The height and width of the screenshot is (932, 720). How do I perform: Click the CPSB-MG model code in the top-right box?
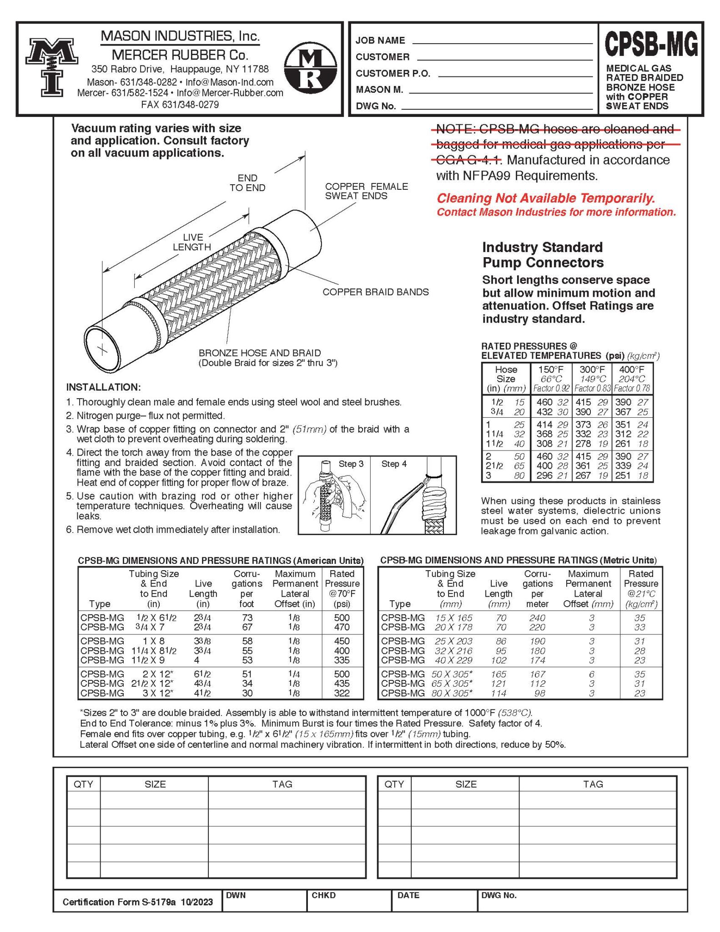click(650, 45)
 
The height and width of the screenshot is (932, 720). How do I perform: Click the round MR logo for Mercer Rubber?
click(311, 69)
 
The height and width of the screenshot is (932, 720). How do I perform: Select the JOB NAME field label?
click(380, 41)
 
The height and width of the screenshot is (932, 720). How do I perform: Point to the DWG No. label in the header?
click(376, 106)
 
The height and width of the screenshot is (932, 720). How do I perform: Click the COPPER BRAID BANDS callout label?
click(375, 292)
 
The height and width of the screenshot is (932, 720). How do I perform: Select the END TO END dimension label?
click(247, 182)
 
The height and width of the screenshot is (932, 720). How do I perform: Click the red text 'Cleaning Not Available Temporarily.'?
click(546, 198)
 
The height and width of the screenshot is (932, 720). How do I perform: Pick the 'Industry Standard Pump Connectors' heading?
click(543, 255)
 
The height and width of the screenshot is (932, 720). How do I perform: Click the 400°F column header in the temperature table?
click(632, 370)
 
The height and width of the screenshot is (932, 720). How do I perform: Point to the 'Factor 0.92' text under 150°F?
click(551, 389)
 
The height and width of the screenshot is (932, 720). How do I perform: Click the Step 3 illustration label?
click(351, 464)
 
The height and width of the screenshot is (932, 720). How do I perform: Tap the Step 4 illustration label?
click(394, 464)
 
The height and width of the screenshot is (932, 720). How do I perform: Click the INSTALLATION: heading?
click(103, 387)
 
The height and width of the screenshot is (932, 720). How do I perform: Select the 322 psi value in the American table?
click(342, 693)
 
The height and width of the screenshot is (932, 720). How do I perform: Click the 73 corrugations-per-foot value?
click(247, 618)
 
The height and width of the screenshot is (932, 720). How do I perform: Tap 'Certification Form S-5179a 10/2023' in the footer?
click(137, 902)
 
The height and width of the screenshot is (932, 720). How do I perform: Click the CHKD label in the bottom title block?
click(323, 895)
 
